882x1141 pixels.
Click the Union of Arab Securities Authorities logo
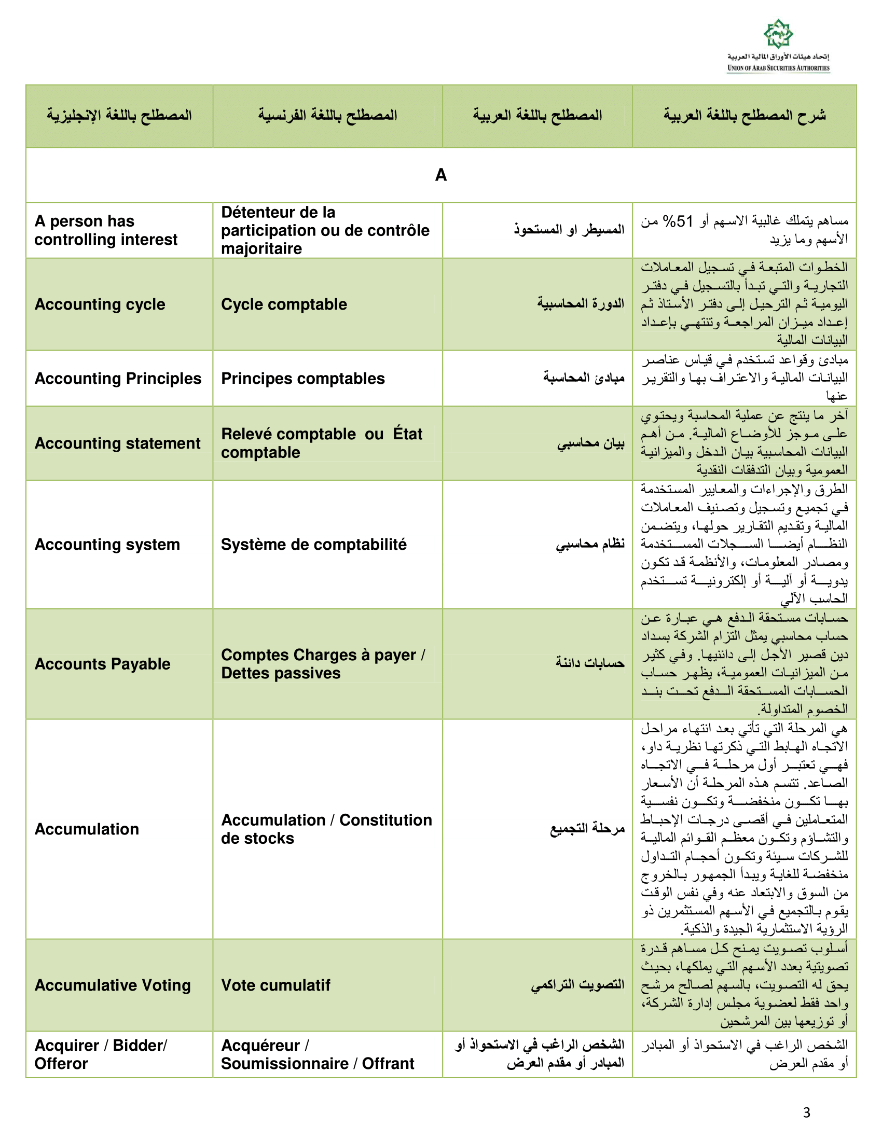[x=778, y=46]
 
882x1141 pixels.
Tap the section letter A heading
[x=440, y=175]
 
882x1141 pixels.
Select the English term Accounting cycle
[x=100, y=304]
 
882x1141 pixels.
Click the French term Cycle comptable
[x=284, y=304]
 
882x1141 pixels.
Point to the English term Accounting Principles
[x=118, y=378]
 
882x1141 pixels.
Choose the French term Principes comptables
[x=302, y=378]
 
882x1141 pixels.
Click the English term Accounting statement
[x=117, y=443]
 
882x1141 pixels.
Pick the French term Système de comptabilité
[x=313, y=545]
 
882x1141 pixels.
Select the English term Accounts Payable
[x=102, y=664]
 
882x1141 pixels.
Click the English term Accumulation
[x=87, y=829]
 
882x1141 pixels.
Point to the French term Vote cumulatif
[x=275, y=985]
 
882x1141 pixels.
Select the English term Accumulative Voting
[x=113, y=985]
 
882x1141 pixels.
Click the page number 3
[x=807, y=1113]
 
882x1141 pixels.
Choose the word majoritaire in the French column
[x=261, y=248]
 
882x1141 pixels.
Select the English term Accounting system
[x=107, y=545]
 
